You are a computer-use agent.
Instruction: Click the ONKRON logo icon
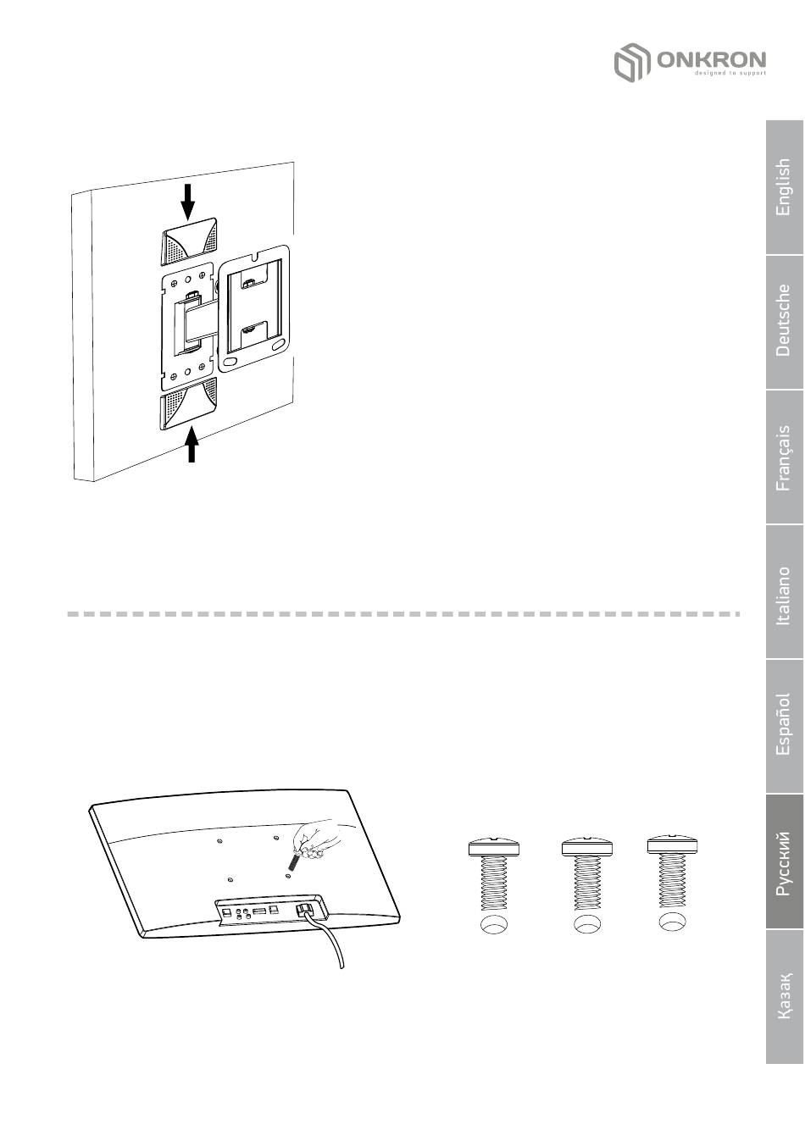[632, 62]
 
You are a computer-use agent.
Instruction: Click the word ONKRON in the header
[711, 59]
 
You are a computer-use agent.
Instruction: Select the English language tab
[784, 187]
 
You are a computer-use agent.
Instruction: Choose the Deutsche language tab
[784, 322]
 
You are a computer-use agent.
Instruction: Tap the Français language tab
[784, 457]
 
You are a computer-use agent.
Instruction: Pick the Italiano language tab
[784, 591]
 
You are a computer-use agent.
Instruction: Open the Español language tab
[784, 726]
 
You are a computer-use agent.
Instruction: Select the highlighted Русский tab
[784, 861]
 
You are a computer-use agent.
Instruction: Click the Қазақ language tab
[784, 996]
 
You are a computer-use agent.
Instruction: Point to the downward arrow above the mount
[188, 202]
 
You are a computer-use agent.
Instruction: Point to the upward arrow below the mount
[192, 445]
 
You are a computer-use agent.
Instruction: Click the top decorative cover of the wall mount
[189, 242]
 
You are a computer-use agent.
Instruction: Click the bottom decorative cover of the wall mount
[188, 404]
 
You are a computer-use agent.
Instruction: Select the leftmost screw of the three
[494, 874]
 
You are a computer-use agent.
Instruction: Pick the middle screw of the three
[587, 874]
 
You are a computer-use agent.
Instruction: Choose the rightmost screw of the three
[672, 872]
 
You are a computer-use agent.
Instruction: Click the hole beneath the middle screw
[587, 924]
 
